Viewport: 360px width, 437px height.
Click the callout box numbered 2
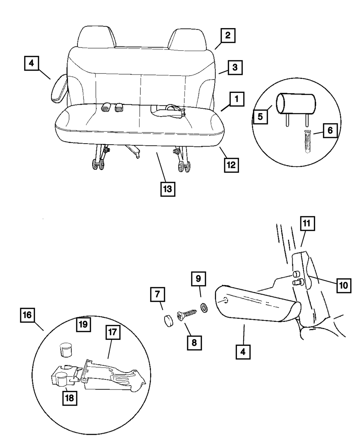click(x=228, y=36)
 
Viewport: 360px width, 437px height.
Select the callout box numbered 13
click(x=168, y=189)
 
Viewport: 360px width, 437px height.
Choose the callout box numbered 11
click(x=307, y=224)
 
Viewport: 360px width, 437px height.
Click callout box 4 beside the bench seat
click(x=31, y=63)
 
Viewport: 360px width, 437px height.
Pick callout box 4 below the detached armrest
click(x=243, y=351)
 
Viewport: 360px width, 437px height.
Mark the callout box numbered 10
click(x=343, y=285)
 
